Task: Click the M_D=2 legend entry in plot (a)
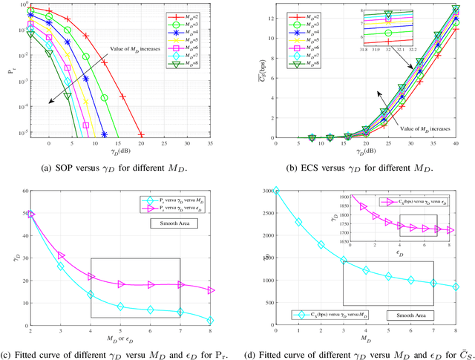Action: click(195, 9)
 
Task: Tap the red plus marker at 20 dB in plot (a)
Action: click(141, 136)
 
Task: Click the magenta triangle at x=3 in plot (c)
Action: click(60, 256)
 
